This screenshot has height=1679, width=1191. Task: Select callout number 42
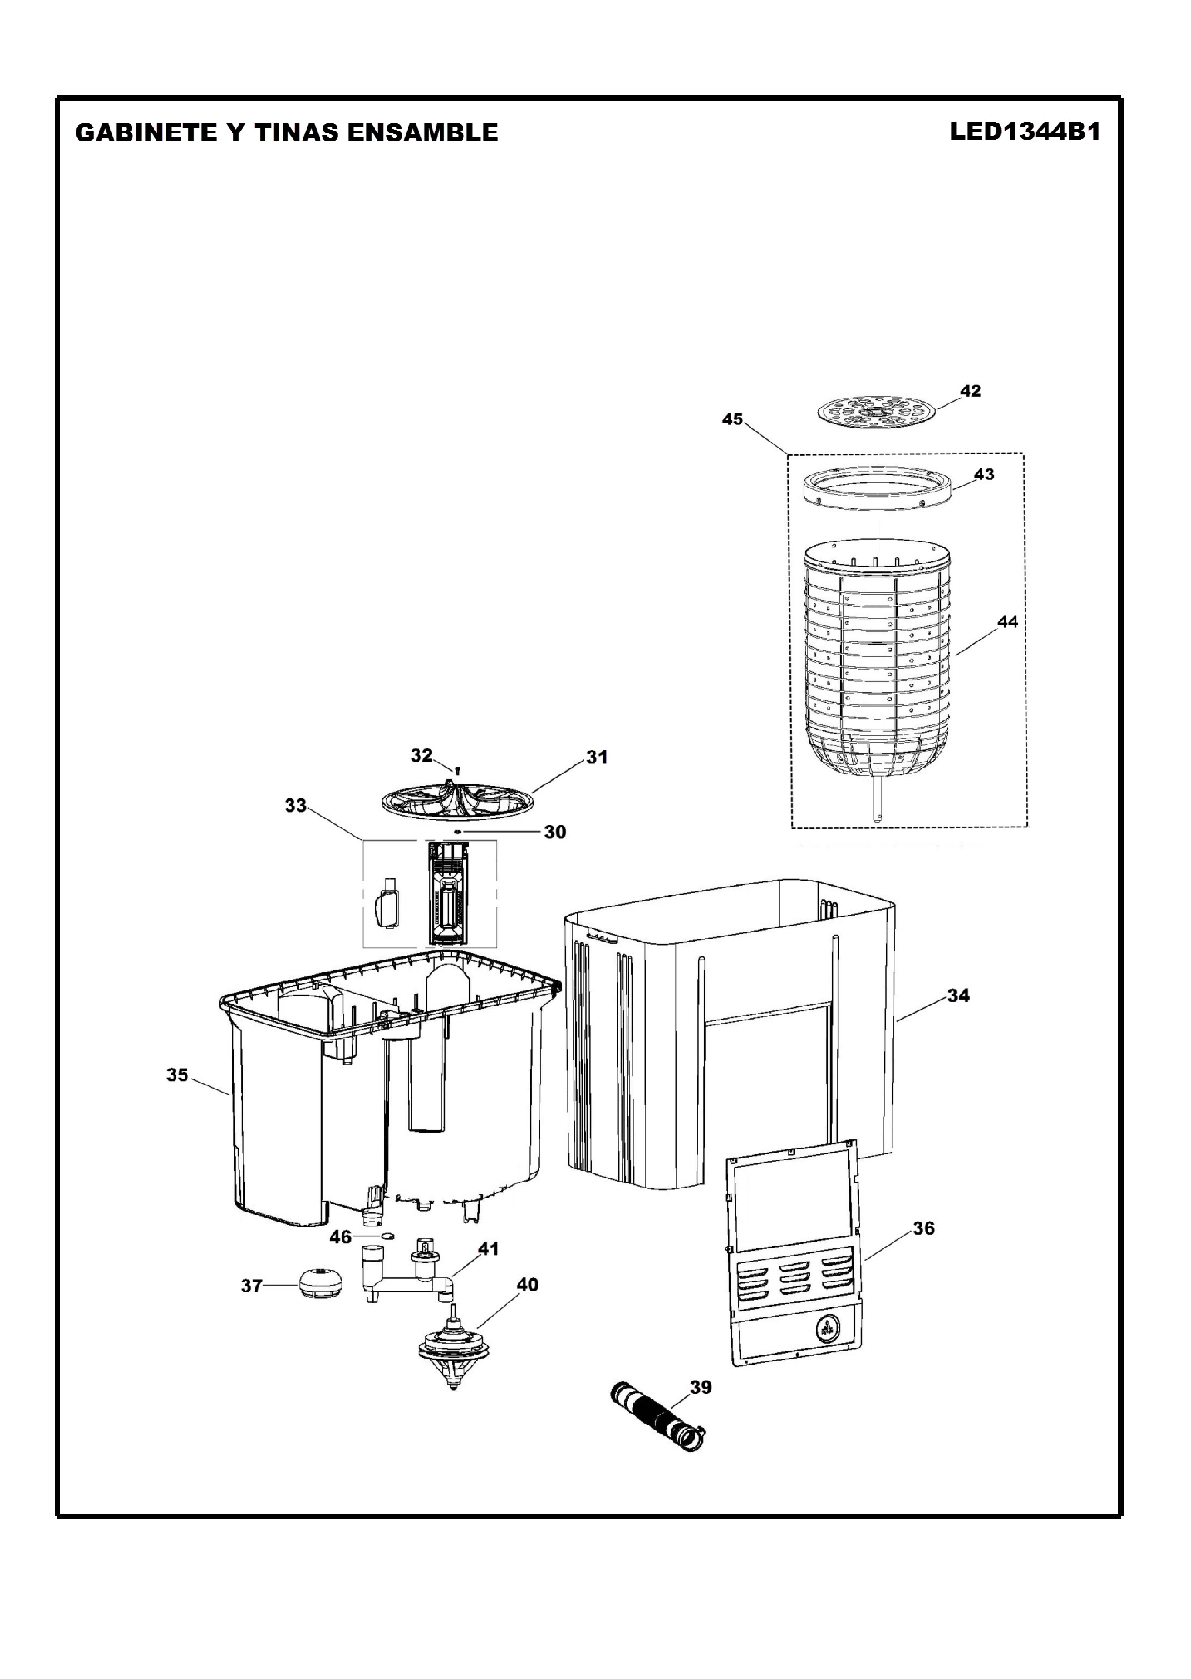point(970,391)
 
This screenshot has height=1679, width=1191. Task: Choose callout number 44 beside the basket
point(1008,621)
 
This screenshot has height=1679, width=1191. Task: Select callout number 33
point(296,806)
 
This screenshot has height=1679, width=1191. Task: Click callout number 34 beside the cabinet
point(959,995)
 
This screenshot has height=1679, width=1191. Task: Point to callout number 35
point(177,1074)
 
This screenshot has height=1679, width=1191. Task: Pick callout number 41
point(488,1248)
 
